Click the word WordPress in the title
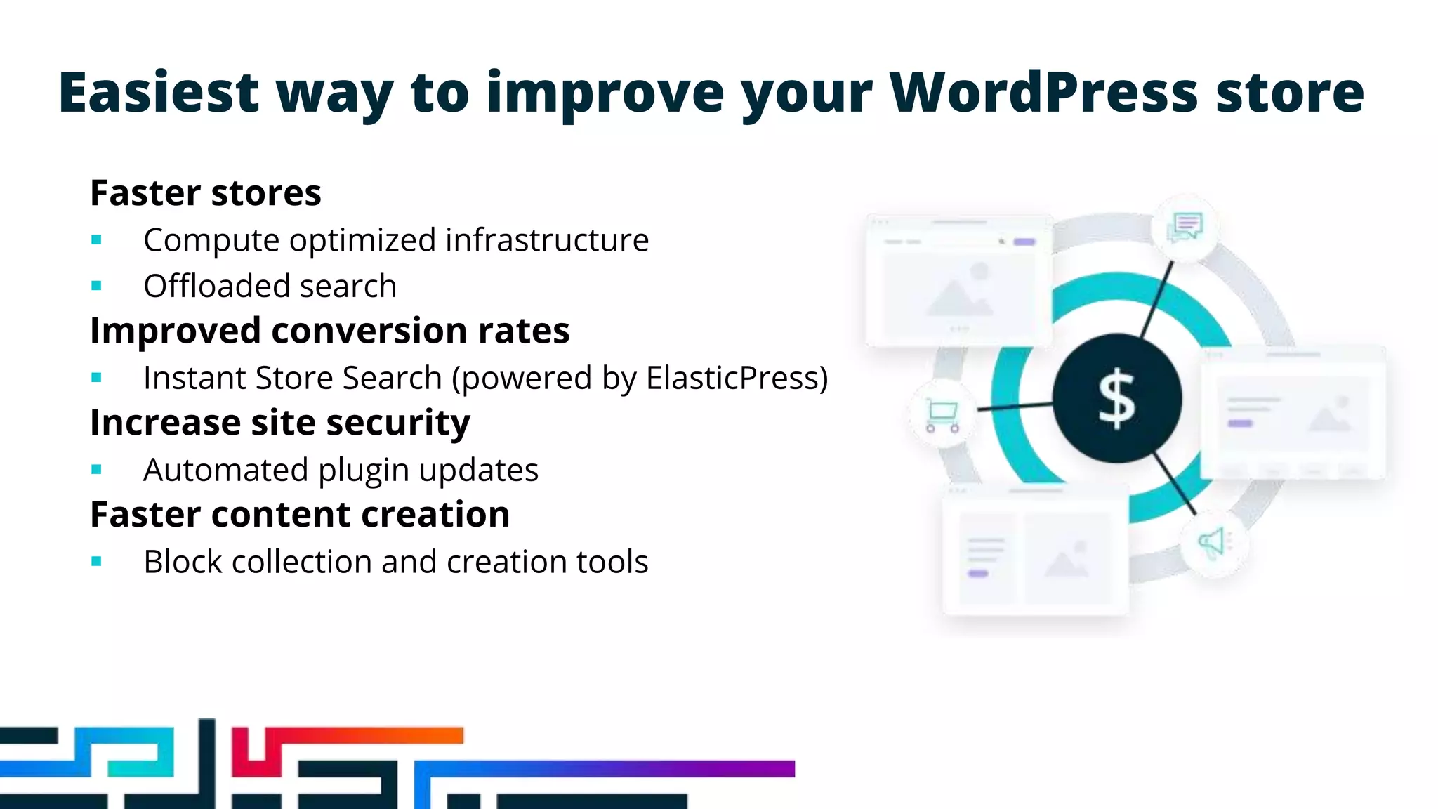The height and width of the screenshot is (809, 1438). click(x=1043, y=93)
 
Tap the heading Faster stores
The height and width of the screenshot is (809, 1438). click(x=206, y=193)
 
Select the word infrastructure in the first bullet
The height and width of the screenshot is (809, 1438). click(x=547, y=240)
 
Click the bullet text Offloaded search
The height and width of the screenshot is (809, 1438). click(x=270, y=287)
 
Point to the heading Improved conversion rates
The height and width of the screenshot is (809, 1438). click(x=329, y=331)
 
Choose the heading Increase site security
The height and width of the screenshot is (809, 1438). click(x=279, y=423)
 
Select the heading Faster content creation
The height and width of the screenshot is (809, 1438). click(x=300, y=515)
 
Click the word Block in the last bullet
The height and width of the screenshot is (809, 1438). click(x=183, y=562)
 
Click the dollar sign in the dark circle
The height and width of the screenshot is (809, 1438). click(x=1116, y=399)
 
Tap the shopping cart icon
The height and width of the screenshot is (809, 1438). click(x=942, y=415)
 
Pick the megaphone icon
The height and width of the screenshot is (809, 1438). click(x=1213, y=543)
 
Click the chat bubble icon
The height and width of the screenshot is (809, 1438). click(x=1185, y=227)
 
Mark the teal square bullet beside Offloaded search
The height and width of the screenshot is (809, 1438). click(x=97, y=286)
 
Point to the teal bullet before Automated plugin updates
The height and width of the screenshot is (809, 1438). click(x=97, y=470)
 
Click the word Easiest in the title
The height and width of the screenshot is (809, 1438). click(x=159, y=93)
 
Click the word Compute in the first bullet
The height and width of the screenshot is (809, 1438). click(x=211, y=240)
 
